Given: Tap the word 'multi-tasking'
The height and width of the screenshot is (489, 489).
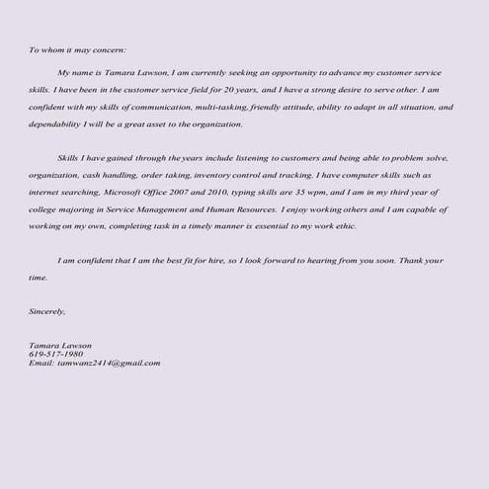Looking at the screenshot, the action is pyautogui.click(x=215, y=108).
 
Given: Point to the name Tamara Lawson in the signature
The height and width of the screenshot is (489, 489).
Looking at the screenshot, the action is pyautogui.click(x=60, y=346).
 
